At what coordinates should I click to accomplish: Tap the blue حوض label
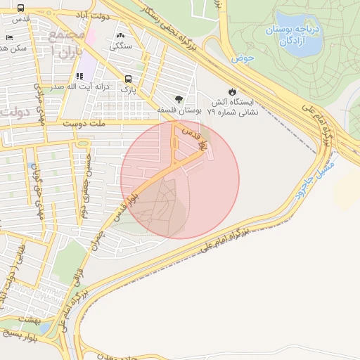(244, 56)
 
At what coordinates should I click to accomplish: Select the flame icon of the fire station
(233, 91)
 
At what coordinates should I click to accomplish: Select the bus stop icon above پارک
(128, 79)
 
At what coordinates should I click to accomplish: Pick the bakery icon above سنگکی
(121, 35)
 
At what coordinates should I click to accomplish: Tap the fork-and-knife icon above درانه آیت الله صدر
(79, 76)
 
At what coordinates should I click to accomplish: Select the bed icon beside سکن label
(8, 37)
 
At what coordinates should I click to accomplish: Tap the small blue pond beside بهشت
(44, 328)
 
